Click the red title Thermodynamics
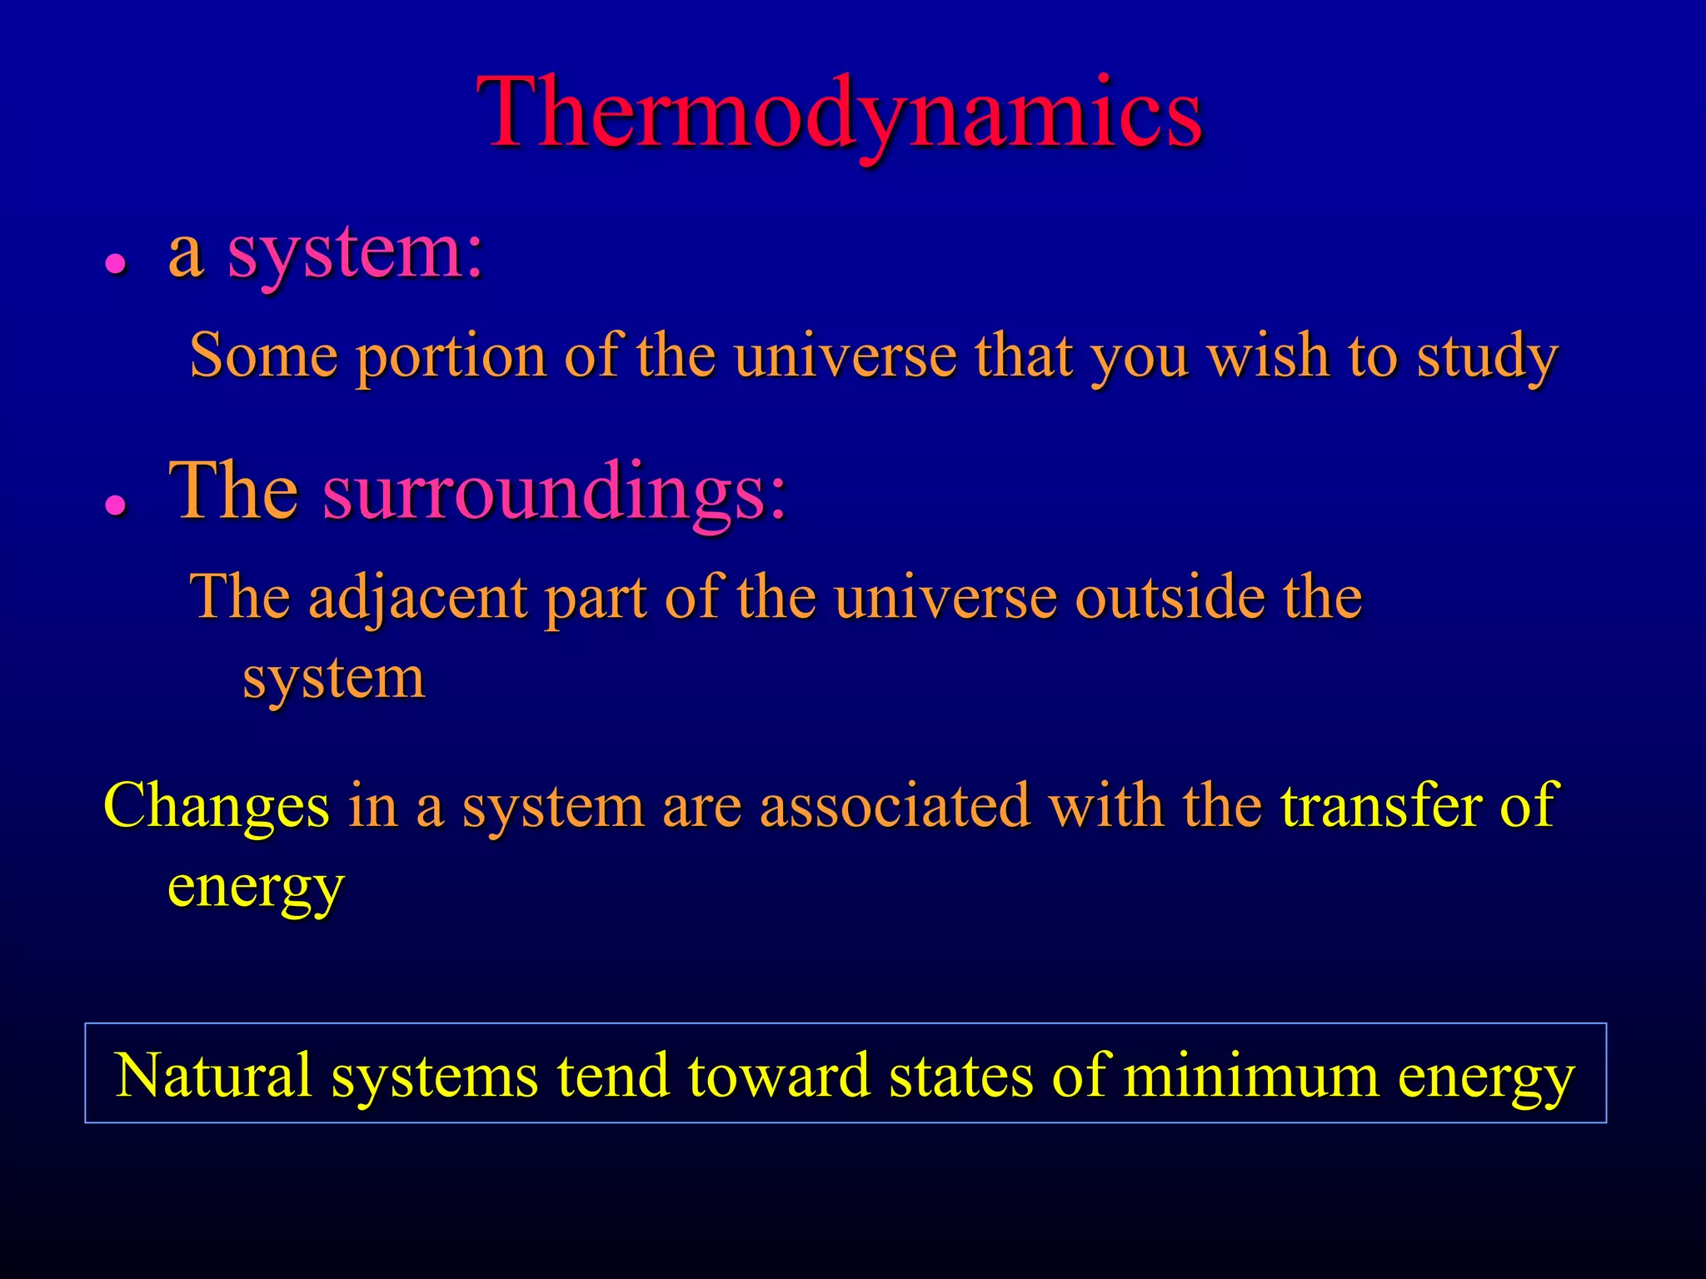[x=840, y=114]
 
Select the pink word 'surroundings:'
[x=555, y=493]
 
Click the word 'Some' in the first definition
[x=263, y=356]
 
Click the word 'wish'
[x=1268, y=356]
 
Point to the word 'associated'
[x=895, y=806]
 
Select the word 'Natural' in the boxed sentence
[x=214, y=1075]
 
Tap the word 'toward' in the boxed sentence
[x=779, y=1075]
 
